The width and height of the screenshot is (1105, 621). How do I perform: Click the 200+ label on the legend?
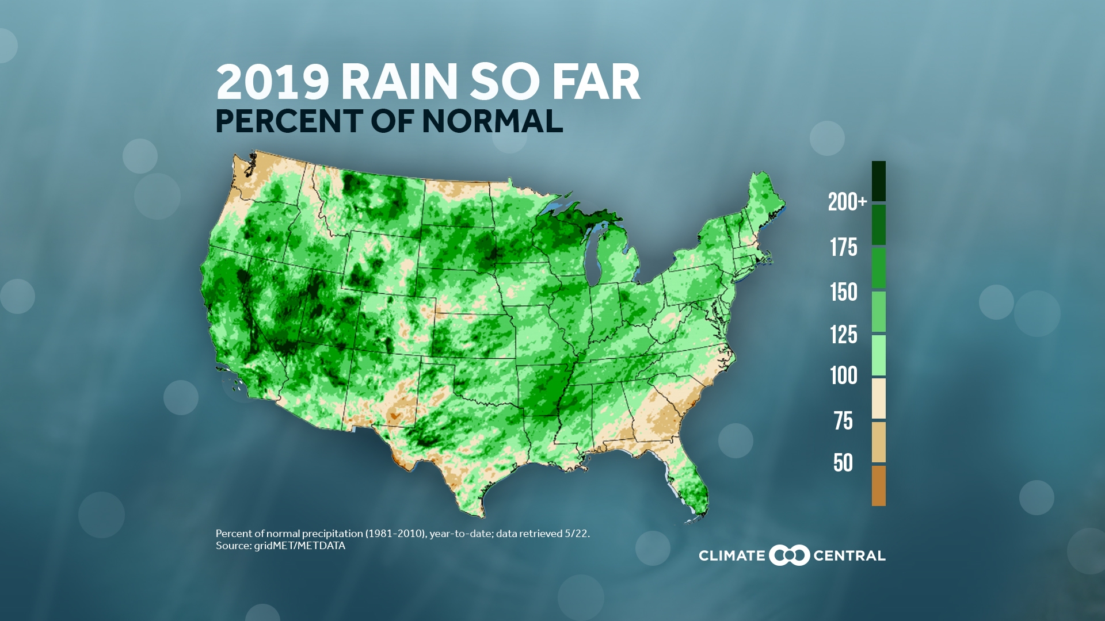847,202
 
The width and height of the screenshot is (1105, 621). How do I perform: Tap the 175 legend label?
843,247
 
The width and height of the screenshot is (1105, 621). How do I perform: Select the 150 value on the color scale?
843,292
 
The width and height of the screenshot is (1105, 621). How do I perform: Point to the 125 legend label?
843,335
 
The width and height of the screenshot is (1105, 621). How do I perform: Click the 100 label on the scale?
843,375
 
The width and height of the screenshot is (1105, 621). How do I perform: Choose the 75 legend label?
843,421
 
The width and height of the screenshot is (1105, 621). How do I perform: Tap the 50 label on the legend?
843,463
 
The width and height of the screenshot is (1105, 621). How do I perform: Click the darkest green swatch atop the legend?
878,181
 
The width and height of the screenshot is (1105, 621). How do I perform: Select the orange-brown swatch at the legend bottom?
878,486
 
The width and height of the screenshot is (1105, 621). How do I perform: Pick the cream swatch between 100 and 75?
878,398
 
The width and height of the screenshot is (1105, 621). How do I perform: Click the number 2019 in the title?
272,82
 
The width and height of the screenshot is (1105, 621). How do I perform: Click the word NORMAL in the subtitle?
492,121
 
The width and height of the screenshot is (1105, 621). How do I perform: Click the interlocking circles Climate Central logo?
789,555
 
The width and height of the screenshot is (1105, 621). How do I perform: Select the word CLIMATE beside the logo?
731,556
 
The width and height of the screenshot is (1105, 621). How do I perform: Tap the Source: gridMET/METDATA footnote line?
280,546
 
